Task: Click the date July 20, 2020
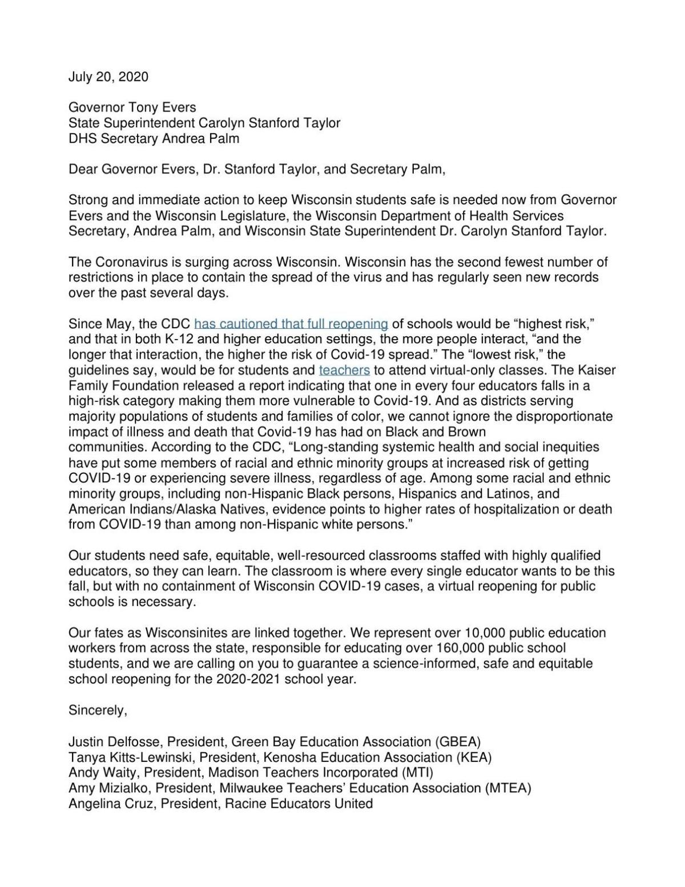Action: point(108,77)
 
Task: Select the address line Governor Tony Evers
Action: point(132,107)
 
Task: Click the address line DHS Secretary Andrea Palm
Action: point(154,138)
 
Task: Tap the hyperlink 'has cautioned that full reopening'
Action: point(291,324)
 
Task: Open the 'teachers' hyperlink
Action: point(344,370)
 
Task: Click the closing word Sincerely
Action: point(98,711)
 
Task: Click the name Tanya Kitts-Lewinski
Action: point(125,757)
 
